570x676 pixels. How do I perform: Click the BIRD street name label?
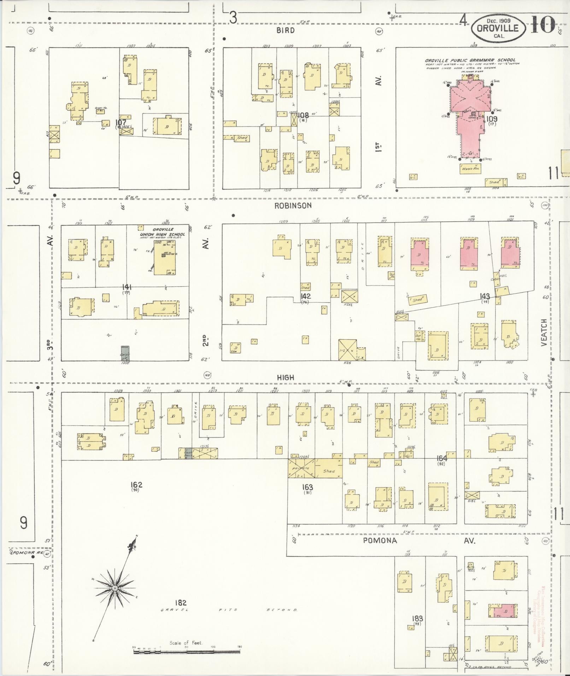pos(286,31)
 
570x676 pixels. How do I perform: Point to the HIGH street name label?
pos(286,378)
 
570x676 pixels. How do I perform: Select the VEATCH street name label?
pos(543,332)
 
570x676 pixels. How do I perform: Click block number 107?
pos(121,122)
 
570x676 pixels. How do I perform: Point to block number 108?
pos(303,115)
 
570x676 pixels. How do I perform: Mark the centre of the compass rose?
pos(115,588)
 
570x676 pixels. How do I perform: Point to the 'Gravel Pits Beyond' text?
pos(229,610)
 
